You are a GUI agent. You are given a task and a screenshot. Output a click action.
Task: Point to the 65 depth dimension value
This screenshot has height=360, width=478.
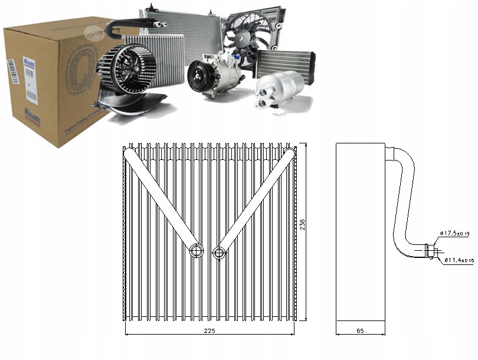[x=360, y=330]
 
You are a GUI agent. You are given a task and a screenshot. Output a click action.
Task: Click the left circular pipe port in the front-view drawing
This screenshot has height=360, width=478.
[x=195, y=252]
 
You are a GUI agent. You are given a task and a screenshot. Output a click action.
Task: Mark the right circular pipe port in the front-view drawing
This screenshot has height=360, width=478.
[x=220, y=253]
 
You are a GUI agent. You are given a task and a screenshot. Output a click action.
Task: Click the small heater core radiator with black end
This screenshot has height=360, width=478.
[x=285, y=62]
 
